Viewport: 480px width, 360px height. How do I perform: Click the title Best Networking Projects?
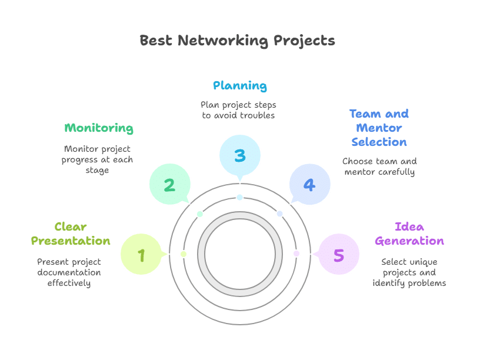[x=237, y=41]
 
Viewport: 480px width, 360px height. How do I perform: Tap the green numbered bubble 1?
[x=141, y=255]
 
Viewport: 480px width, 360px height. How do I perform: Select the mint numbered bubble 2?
[x=169, y=185]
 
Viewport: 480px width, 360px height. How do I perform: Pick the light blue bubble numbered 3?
[x=239, y=155]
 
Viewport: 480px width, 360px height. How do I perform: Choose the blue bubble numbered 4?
[x=309, y=185]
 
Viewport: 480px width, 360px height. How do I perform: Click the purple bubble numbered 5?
[x=338, y=255]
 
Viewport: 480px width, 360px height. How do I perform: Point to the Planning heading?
[x=239, y=86]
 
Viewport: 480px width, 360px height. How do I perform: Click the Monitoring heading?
[x=99, y=128]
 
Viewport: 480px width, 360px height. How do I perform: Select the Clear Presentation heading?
[x=71, y=234]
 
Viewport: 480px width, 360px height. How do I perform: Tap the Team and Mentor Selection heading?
[x=379, y=128]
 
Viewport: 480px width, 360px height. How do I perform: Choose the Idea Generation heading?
[x=409, y=234]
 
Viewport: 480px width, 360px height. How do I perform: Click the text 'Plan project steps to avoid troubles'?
[x=238, y=110]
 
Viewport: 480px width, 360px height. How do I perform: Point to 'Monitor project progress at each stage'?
[x=98, y=159]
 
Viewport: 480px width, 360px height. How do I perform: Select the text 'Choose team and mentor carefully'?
[x=379, y=166]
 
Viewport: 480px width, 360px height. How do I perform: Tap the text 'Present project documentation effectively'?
[x=69, y=272]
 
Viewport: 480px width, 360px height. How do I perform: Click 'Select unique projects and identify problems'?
[x=409, y=272]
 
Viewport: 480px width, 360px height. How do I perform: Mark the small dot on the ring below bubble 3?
[x=239, y=197]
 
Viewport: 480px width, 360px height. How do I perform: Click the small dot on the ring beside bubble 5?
[x=296, y=254]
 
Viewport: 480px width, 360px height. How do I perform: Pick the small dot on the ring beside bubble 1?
[x=184, y=254]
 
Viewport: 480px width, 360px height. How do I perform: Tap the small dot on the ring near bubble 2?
[x=200, y=214]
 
